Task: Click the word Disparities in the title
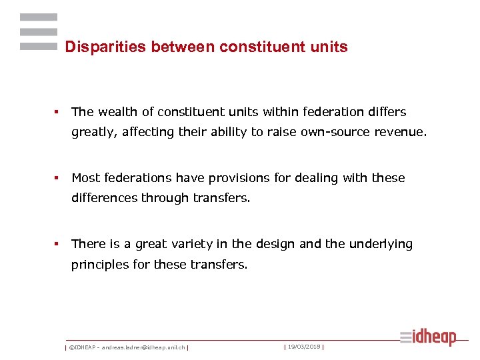106,47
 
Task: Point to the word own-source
332,132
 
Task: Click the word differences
105,198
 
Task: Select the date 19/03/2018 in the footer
303,347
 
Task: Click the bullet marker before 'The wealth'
57,112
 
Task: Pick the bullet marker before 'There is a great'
57,244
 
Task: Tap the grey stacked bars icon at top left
38,32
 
